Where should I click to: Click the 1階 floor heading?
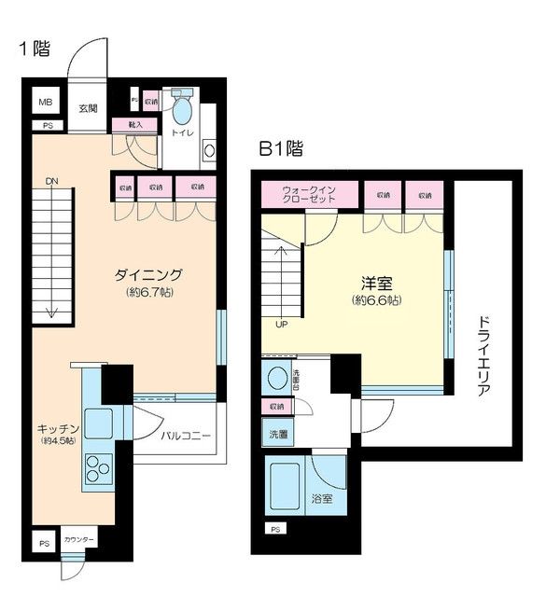coord(35,49)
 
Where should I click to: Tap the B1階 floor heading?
coord(280,148)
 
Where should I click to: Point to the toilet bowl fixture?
coord(182,109)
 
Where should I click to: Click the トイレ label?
coord(181,133)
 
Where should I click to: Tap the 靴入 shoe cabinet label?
coord(122,123)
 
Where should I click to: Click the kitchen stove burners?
coord(97,465)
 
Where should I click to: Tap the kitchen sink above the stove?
coord(97,422)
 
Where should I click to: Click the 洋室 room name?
coord(377,283)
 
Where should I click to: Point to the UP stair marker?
coord(281,325)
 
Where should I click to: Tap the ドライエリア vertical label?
coord(483,356)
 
